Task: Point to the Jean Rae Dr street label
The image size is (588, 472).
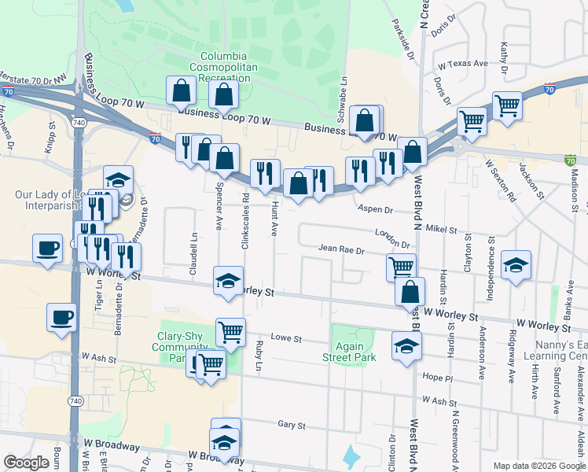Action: coord(342,250)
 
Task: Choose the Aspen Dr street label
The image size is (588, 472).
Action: coord(374,209)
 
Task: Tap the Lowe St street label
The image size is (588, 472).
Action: coord(287,337)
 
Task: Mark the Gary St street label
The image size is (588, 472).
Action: coord(291,425)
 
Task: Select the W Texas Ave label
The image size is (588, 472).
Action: coord(464,64)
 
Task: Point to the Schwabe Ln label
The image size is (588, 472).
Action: coord(343,98)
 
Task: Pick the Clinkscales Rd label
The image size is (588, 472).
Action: coord(245,216)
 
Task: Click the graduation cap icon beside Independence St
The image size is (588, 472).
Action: coord(516,265)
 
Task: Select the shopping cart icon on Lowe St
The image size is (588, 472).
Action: coord(230,331)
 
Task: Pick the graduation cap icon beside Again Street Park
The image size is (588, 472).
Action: coord(406,345)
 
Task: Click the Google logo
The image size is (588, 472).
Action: coord(26,463)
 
